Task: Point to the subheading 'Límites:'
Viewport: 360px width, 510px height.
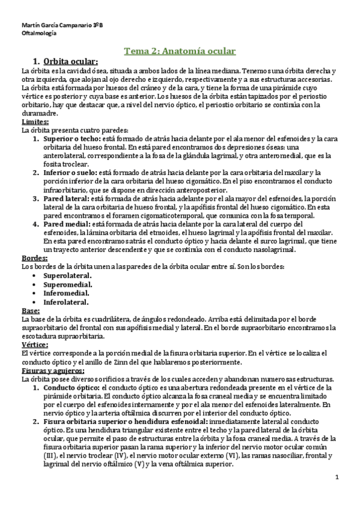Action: (x=34, y=121)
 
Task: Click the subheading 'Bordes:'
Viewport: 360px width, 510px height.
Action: (x=34, y=257)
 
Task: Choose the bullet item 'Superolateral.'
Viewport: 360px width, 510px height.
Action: (x=68, y=275)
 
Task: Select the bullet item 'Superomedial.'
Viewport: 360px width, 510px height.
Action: (x=68, y=284)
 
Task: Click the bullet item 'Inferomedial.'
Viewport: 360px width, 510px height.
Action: (x=66, y=293)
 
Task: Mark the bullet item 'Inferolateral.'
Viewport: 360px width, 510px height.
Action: (x=66, y=302)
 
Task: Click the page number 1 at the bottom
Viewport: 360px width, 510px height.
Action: (x=338, y=478)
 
